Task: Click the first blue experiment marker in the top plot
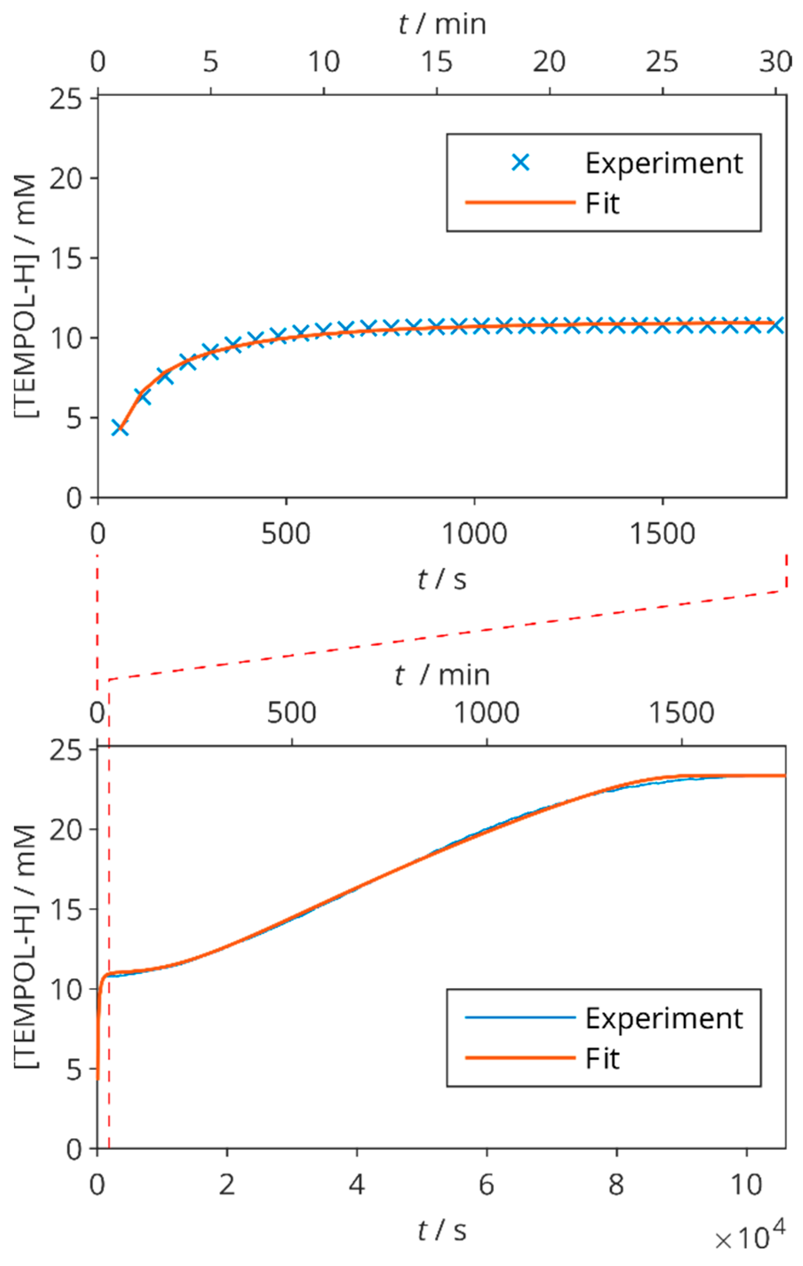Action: (x=120, y=428)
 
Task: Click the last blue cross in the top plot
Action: (x=775, y=325)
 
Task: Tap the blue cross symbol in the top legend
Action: (x=520, y=163)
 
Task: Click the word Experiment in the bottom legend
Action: (x=664, y=1018)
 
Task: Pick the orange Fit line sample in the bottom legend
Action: (x=520, y=1057)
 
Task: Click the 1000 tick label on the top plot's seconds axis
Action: (x=474, y=534)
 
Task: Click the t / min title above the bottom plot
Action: (x=442, y=675)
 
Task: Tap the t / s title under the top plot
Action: (x=442, y=579)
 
